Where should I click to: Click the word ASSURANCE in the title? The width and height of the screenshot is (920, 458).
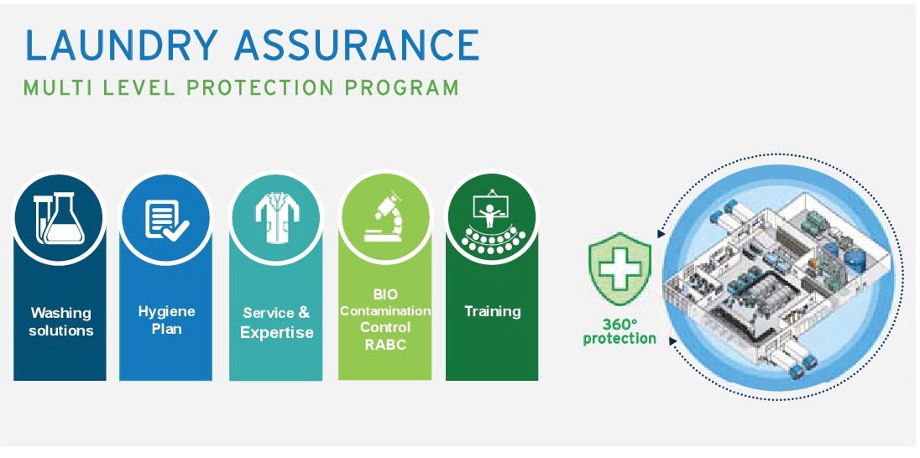pos(357,45)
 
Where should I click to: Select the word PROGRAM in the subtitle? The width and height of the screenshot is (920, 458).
pos(401,88)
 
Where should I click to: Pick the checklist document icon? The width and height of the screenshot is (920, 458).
pos(167,221)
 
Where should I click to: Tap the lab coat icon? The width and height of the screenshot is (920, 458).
pos(276,217)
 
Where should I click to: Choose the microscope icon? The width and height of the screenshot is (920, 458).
pos(385,217)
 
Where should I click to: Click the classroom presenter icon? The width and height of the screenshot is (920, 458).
pos(492,223)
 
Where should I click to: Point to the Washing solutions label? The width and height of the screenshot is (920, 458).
pos(61,321)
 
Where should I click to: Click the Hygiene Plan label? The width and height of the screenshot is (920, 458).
pos(167,320)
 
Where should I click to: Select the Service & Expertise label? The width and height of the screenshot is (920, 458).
pos(276,322)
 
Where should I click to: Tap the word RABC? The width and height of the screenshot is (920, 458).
pos(385,345)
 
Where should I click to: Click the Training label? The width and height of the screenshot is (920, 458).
pos(492,311)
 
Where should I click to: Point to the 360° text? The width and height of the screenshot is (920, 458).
pos(619,325)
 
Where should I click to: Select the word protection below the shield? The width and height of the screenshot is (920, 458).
pos(619,339)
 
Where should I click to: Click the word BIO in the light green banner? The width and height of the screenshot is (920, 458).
pos(385,294)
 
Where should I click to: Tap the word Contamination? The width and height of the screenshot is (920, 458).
pos(385,311)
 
